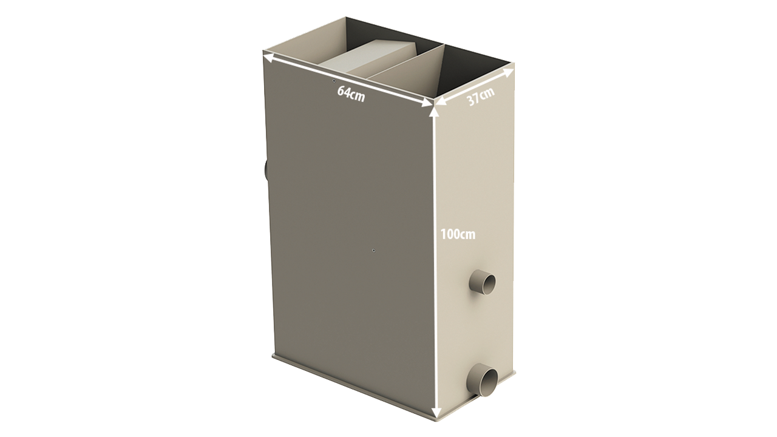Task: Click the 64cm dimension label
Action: (x=351, y=94)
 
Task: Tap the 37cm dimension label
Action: (x=480, y=97)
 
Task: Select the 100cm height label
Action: (x=458, y=234)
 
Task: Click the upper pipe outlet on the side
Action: (x=482, y=282)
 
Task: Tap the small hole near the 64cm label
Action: (x=334, y=81)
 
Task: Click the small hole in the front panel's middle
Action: (x=373, y=250)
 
